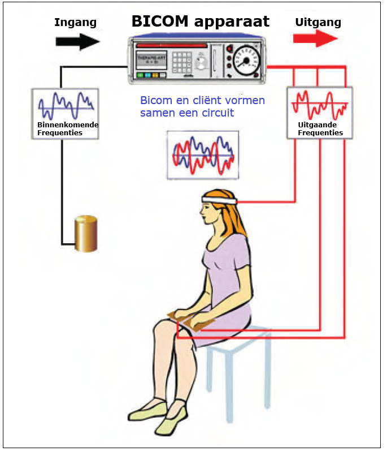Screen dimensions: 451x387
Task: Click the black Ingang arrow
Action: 77,41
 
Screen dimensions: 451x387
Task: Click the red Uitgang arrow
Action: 315,38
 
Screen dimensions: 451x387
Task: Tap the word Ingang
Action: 75,23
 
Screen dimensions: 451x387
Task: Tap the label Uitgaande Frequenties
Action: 320,129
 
